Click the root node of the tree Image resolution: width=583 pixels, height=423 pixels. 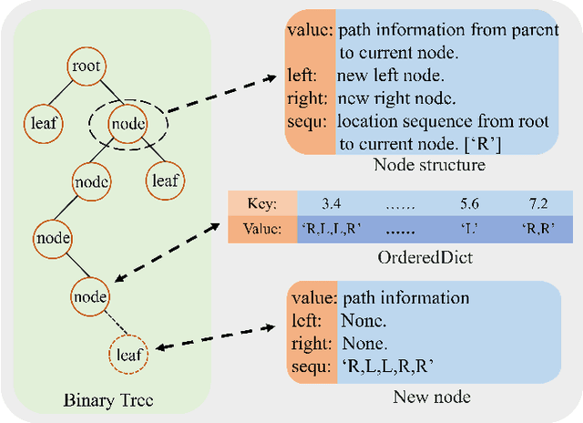coord(87,67)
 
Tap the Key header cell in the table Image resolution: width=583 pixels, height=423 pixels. coord(261,203)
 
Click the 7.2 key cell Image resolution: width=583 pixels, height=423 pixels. coord(537,203)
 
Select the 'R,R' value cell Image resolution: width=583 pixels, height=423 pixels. coord(537,230)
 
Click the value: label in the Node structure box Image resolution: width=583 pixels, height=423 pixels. coord(309,30)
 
